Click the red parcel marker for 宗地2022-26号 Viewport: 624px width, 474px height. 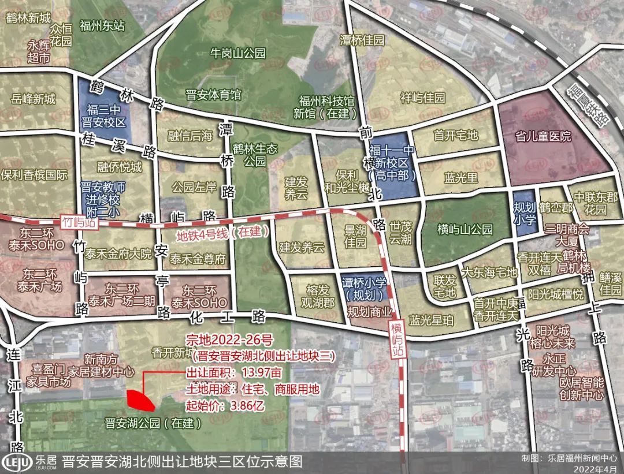pos(140,400)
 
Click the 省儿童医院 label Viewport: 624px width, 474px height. pos(543,137)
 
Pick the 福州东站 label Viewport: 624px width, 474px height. pos(103,25)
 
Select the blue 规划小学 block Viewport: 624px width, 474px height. pos(524,212)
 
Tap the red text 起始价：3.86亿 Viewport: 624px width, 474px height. pos(225,405)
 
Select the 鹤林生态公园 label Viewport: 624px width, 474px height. pos(252,154)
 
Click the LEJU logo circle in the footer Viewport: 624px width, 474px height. pos(16,462)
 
